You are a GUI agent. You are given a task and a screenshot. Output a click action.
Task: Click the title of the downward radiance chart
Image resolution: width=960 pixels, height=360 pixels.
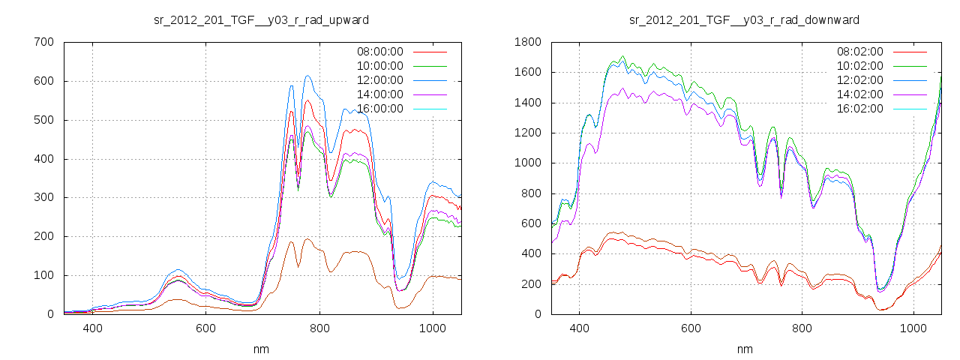pos(744,19)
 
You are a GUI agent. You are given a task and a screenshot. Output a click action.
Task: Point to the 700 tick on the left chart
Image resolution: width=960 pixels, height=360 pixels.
pos(43,42)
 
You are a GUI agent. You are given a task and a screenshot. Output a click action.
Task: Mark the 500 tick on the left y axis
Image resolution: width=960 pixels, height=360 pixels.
pos(43,120)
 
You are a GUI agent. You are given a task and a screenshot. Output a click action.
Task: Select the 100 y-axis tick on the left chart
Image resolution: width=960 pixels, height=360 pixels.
pos(43,275)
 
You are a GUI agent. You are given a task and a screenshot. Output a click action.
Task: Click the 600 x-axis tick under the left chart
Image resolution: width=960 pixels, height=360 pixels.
pos(206,328)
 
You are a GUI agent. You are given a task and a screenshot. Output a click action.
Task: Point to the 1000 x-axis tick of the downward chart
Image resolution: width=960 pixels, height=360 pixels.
pos(913,328)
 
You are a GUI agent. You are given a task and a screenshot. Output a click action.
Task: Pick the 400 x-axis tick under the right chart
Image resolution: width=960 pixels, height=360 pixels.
pos(579,328)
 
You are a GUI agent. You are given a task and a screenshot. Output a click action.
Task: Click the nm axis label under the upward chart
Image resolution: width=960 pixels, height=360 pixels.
pos(262,349)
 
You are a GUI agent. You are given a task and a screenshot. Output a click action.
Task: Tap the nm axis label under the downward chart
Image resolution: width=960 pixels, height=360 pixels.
pos(745,349)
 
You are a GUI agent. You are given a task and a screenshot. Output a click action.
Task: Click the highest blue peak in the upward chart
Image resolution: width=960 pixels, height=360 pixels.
pos(307,76)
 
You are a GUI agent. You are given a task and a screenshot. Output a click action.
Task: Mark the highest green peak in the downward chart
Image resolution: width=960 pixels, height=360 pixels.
pos(622,56)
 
